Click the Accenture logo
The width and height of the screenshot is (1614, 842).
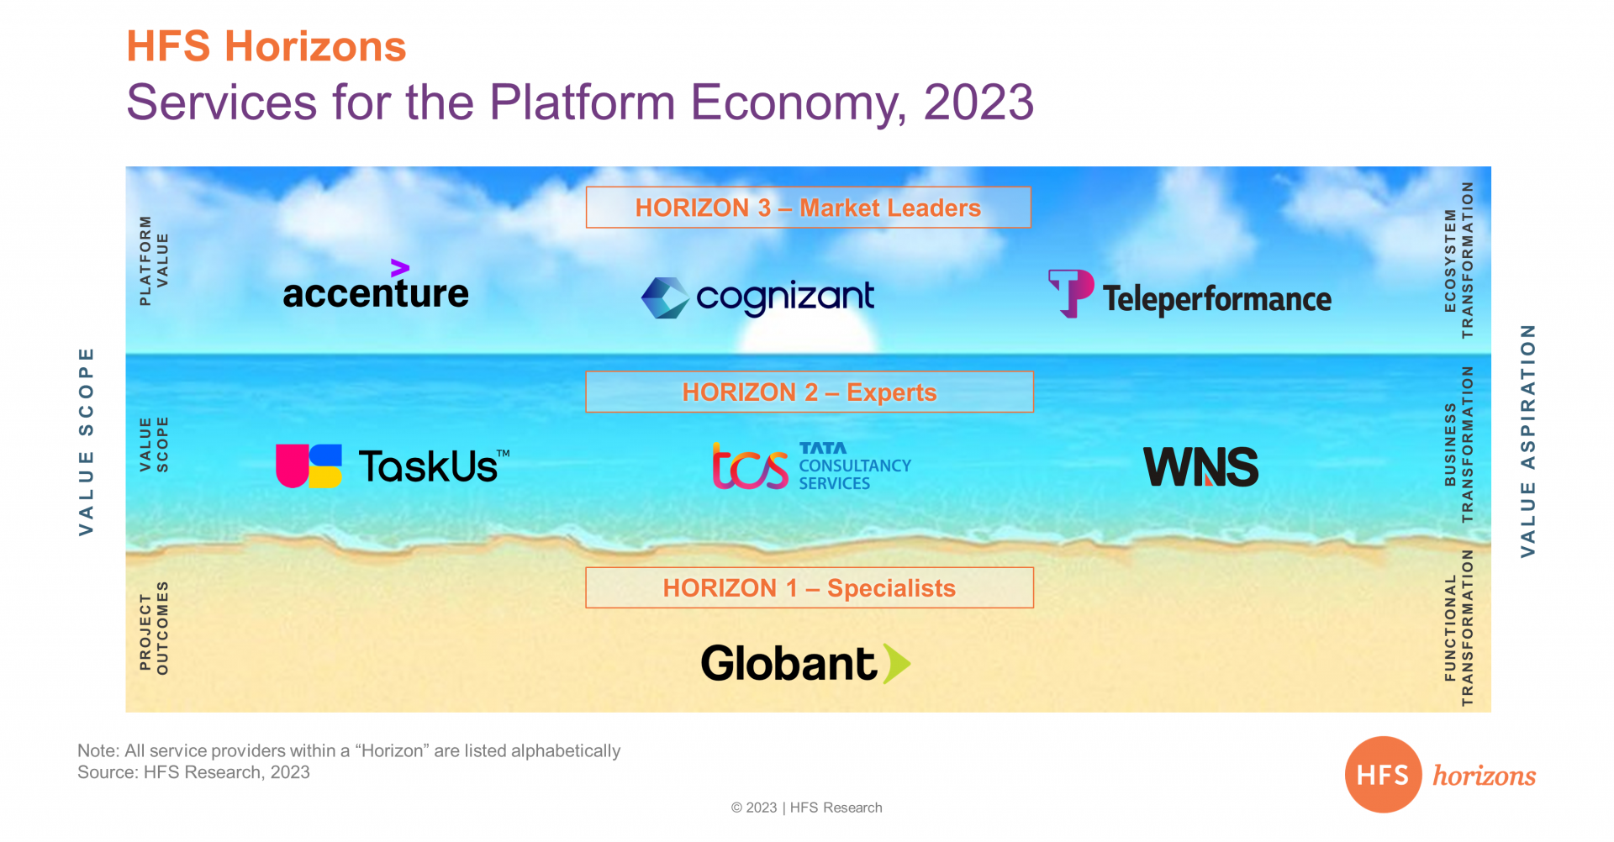(x=376, y=286)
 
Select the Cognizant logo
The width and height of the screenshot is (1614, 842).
(x=757, y=297)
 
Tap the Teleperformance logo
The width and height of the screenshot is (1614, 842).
(x=1189, y=294)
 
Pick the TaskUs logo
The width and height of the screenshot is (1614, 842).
(x=393, y=466)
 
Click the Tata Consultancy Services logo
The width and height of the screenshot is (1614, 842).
(x=812, y=466)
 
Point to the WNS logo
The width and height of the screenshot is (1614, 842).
(x=1201, y=466)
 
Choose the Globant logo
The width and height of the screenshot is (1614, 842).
(x=805, y=663)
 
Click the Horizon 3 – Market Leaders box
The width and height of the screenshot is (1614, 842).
(x=809, y=208)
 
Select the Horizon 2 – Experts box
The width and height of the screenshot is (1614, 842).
(x=810, y=392)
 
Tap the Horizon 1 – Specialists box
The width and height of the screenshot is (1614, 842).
(x=810, y=587)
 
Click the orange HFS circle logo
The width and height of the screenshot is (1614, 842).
(x=1384, y=775)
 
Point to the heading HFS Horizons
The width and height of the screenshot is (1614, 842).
(x=266, y=46)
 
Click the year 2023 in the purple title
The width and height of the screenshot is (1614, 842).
(x=978, y=103)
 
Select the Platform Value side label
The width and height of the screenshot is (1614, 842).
(x=154, y=260)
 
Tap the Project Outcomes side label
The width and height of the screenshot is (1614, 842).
(x=154, y=628)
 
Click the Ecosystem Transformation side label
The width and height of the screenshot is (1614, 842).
(x=1458, y=260)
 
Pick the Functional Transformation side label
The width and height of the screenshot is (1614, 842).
(x=1458, y=628)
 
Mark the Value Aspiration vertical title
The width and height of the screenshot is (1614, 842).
(x=1528, y=441)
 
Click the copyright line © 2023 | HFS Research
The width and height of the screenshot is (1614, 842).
(x=807, y=808)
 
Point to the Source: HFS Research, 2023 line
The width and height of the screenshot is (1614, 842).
(x=193, y=772)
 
